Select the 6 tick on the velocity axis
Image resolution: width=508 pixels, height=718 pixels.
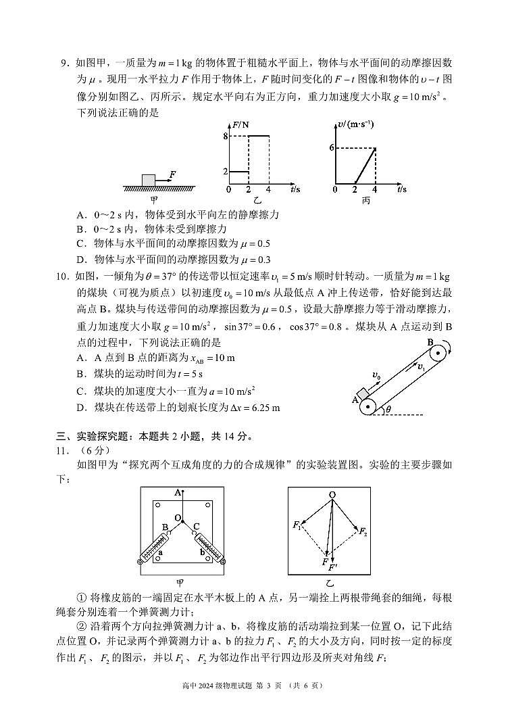[332, 147]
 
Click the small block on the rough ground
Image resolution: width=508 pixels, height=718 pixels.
[148, 179]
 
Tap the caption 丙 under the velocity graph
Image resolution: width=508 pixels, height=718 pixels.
[365, 200]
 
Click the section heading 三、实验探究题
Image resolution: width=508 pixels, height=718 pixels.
[101, 435]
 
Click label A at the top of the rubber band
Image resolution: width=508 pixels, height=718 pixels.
[177, 493]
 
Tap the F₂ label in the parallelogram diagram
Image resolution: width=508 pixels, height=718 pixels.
[363, 531]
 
